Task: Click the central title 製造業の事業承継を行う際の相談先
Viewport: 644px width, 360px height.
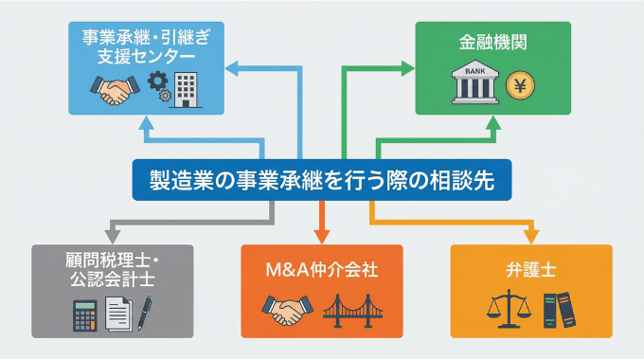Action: tap(322, 180)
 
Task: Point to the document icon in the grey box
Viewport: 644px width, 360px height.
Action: tap(116, 313)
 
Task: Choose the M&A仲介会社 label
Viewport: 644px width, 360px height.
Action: tap(322, 269)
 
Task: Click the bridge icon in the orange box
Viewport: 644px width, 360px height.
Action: tap(357, 310)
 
